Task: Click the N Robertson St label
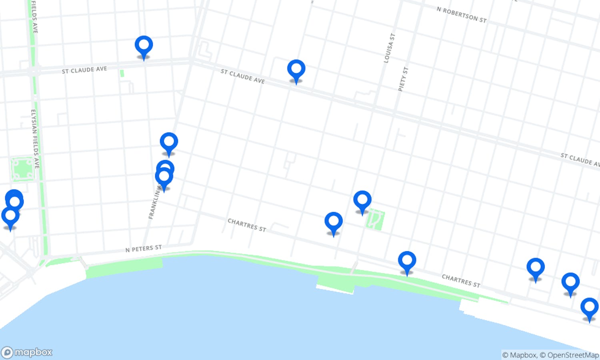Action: coord(461,15)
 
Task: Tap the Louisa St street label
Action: coord(389,48)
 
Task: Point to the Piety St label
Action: coord(403,79)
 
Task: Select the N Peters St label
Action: coord(144,248)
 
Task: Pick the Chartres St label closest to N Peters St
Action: coord(247,225)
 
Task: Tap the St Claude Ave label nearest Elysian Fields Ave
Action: coord(84,70)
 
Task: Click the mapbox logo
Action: coord(27,352)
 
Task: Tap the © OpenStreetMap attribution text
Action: coord(573,355)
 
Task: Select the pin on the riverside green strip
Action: coord(407,261)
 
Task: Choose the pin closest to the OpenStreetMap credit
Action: coord(589,307)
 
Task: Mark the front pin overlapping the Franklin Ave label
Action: coord(164,177)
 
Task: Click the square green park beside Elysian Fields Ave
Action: coord(22,169)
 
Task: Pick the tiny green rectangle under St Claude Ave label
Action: coord(122,73)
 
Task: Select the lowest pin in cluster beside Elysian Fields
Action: coord(10,216)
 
